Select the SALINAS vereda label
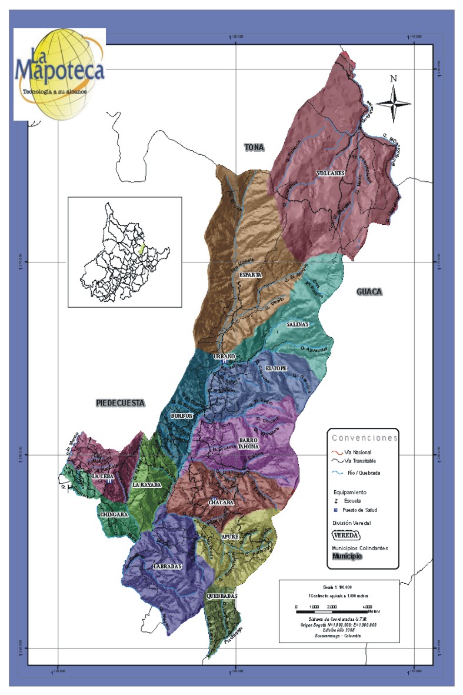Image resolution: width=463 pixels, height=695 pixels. point(298,324)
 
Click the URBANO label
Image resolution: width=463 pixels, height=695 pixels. point(224,357)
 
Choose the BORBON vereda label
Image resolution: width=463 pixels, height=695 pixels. point(181,415)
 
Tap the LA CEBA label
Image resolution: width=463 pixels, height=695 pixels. point(102,476)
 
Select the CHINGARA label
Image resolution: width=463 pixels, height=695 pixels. point(114,514)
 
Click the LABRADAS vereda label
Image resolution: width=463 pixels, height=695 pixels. point(167,566)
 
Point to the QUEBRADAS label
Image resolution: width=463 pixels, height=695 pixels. point(222,596)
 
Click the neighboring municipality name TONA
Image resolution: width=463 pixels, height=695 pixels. point(255,148)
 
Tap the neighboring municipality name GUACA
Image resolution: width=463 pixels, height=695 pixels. point(369,292)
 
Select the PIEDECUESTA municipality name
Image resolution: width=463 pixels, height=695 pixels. point(120,403)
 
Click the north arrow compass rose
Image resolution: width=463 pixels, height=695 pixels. point(394,102)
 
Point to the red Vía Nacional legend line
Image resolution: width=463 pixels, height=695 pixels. point(337,452)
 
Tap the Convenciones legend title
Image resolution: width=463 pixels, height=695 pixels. point(365,438)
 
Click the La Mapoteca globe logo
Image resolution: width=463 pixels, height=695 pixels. point(59,74)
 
